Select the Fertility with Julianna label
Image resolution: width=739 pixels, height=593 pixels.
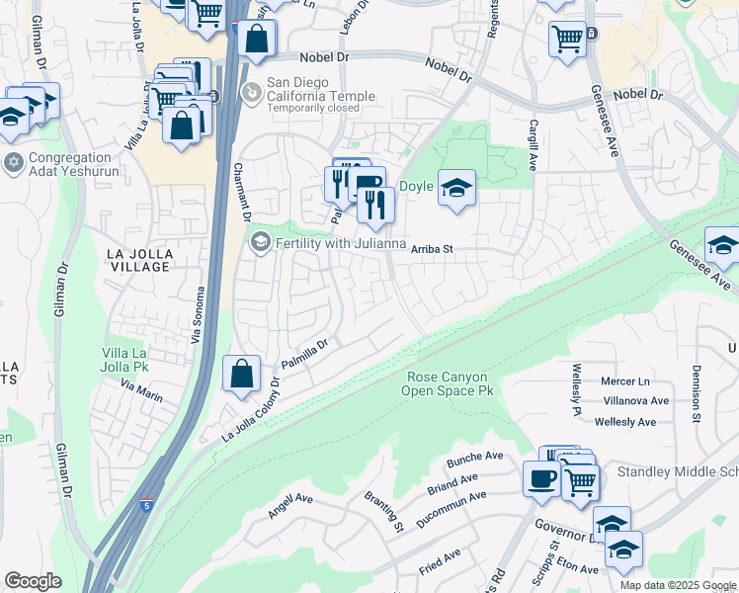point(341,244)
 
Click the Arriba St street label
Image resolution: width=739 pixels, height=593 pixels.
point(432,250)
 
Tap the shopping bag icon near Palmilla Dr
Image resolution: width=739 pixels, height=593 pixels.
point(241,375)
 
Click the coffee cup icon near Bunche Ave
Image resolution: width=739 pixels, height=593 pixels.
point(540,479)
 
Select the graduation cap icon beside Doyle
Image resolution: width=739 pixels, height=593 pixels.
point(456,188)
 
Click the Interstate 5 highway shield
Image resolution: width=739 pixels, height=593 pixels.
point(145,504)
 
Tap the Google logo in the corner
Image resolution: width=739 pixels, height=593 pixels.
point(33,581)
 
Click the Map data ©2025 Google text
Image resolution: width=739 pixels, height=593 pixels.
point(679,585)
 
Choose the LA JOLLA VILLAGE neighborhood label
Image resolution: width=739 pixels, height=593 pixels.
point(139,261)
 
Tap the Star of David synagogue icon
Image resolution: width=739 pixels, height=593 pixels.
point(14,162)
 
